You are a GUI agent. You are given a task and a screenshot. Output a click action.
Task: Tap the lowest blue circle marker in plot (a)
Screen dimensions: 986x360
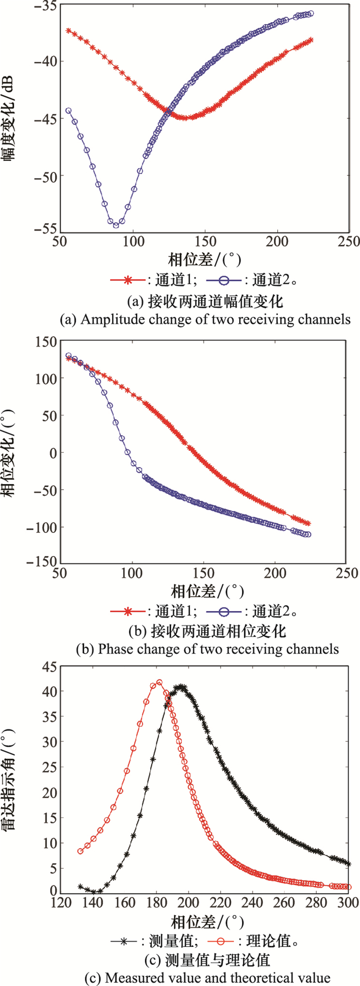[116, 225]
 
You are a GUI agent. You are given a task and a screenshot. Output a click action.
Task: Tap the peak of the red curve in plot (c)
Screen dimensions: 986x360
[159, 683]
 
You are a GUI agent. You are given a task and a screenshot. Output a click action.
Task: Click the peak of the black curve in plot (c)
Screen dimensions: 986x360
[181, 687]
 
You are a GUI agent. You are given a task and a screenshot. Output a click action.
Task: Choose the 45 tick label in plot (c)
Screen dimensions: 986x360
[49, 667]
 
